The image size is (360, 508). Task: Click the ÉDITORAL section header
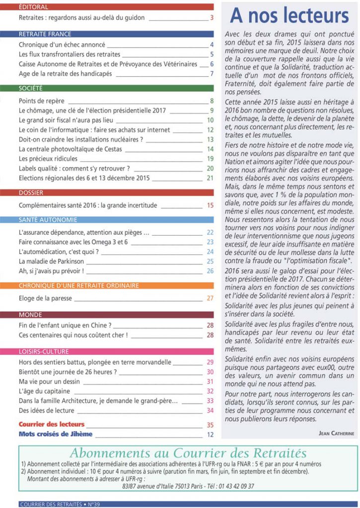click(x=33, y=7)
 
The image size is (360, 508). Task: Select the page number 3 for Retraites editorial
click(x=212, y=18)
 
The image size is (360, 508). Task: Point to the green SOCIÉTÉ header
click(x=30, y=88)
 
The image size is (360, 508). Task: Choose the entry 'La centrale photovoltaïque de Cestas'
click(x=70, y=149)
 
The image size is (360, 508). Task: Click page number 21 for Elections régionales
click(x=210, y=178)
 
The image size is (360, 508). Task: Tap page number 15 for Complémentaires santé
click(x=210, y=205)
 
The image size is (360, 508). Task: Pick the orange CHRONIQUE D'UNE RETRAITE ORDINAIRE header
click(x=78, y=286)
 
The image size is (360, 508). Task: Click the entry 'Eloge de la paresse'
click(x=45, y=298)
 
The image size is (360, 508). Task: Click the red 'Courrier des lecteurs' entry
click(x=52, y=425)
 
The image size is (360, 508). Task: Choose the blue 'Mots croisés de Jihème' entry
click(x=56, y=434)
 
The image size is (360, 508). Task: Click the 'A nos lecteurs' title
click(x=289, y=16)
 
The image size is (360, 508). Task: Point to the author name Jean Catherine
click(x=336, y=433)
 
